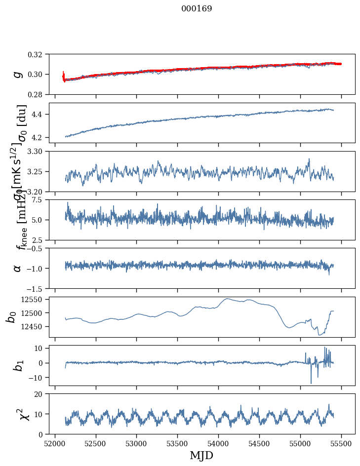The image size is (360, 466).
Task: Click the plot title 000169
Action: click(x=197, y=9)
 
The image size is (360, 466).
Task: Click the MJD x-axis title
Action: click(x=201, y=455)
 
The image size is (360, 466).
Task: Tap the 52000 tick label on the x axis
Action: click(x=55, y=443)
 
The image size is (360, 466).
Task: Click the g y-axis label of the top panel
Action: click(x=18, y=74)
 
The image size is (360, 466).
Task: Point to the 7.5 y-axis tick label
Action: click(x=40, y=199)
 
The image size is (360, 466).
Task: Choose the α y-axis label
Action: click(x=18, y=268)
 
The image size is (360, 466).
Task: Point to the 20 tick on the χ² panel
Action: click(x=40, y=394)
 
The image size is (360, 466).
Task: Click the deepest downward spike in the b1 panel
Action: click(x=311, y=383)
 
